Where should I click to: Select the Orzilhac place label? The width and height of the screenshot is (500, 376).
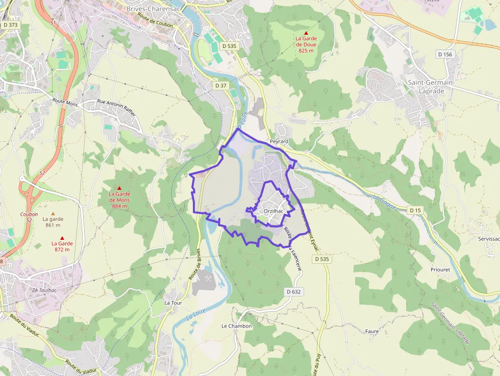[274, 211]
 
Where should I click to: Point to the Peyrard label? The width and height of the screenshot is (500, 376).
[279, 141]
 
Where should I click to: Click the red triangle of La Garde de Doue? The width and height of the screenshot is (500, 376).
[306, 33]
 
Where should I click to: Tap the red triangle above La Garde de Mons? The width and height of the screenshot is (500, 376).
[119, 188]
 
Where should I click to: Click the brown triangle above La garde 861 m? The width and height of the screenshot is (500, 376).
[53, 213]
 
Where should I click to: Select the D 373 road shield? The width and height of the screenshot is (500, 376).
[10, 24]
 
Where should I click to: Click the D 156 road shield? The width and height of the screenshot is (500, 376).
[444, 54]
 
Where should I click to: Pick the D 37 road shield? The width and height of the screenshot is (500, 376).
[220, 85]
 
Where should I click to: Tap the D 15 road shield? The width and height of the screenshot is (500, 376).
[415, 210]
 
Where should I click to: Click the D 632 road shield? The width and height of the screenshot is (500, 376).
[294, 292]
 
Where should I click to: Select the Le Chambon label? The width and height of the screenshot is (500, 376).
[236, 326]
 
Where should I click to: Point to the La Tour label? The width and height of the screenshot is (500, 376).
[173, 303]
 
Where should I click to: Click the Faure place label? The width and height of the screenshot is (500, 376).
[372, 331]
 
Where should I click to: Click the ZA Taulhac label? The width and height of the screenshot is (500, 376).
[44, 291]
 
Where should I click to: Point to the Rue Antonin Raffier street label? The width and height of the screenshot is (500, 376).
[116, 108]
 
